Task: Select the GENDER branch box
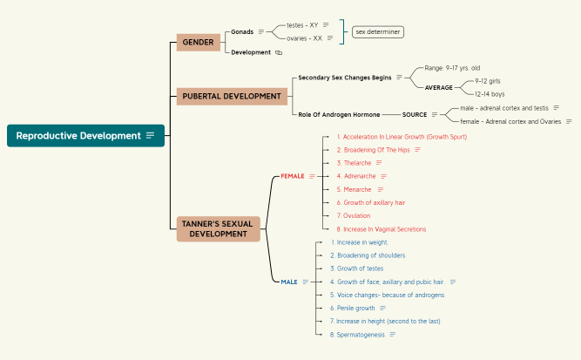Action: tap(198, 42)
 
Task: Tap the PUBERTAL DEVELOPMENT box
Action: tap(232, 96)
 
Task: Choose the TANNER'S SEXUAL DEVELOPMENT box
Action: tap(218, 228)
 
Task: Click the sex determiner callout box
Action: tap(378, 31)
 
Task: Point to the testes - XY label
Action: tap(302, 25)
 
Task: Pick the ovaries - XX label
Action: tap(304, 38)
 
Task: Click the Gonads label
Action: tap(242, 31)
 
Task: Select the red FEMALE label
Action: tap(293, 176)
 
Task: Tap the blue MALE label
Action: tap(289, 282)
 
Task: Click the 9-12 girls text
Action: tap(488, 80)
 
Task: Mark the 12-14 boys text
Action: tap(490, 93)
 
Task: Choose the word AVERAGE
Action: tap(438, 87)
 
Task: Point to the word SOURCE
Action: tap(415, 114)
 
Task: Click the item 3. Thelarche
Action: tap(354, 163)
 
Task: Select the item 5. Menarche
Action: tap(354, 189)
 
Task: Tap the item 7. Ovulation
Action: tap(354, 215)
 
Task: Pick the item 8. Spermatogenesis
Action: tap(357, 335)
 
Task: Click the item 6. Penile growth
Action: tap(353, 308)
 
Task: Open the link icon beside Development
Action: tap(279, 52)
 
